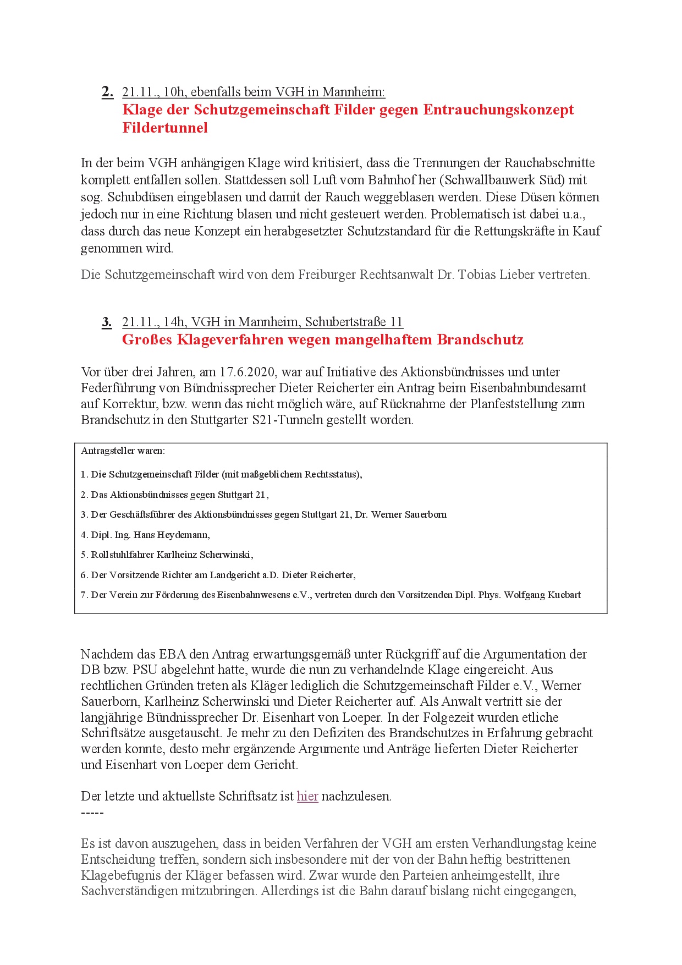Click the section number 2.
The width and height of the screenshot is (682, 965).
107,92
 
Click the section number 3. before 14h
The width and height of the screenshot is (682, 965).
107,322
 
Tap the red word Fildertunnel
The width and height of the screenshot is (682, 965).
165,128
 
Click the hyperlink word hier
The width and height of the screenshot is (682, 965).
307,796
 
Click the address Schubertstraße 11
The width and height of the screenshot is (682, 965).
354,322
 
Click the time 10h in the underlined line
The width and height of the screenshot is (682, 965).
174,92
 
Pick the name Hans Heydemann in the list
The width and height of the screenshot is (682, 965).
170,535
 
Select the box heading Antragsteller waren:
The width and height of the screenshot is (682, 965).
123,451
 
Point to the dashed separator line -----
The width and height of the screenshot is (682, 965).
92,813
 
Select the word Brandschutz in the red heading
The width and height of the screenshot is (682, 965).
480,339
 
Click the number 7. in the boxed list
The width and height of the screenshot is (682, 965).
84,595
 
